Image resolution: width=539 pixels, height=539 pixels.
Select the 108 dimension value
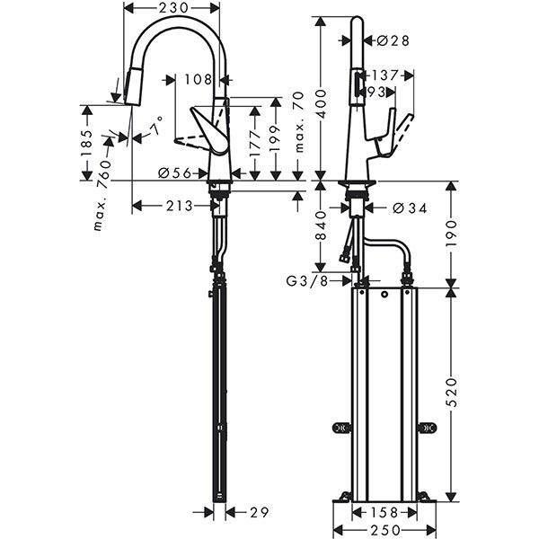click(x=198, y=79)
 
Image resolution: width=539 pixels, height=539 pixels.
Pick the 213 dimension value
click(x=180, y=206)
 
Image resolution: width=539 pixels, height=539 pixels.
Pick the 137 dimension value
click(x=386, y=75)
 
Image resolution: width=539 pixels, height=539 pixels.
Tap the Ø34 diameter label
click(x=408, y=208)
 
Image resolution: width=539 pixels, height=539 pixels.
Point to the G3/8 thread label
click(x=306, y=281)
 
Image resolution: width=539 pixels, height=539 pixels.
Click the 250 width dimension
click(x=384, y=530)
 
